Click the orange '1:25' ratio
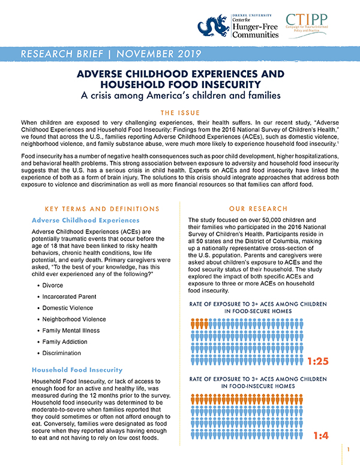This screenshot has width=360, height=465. pyautogui.click(x=322, y=362)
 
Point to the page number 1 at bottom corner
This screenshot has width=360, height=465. pyautogui.click(x=348, y=448)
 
